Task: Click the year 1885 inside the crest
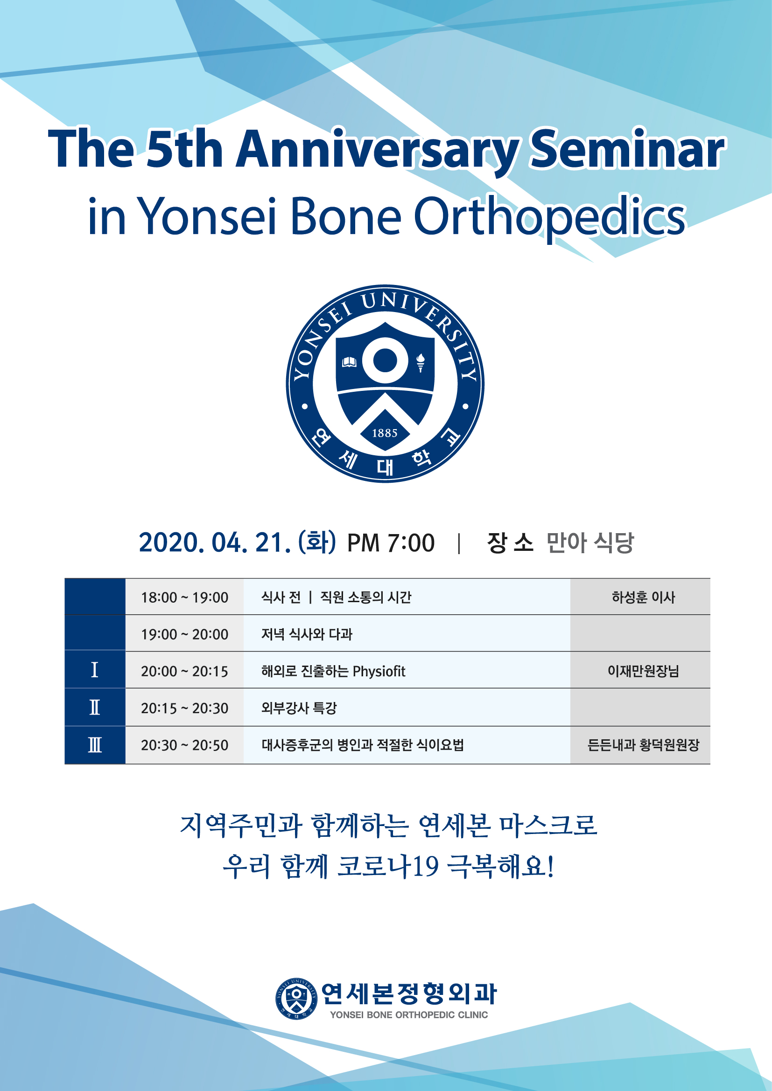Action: coord(385,433)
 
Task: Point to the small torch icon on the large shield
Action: coord(420,362)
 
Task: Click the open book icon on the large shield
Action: coord(350,362)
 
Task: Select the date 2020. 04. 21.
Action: coord(215,542)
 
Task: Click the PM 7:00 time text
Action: coord(391,543)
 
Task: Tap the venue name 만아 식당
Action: coord(590,542)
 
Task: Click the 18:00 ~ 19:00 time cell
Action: coord(184,598)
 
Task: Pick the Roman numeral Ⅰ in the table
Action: coord(95,669)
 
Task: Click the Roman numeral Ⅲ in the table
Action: coord(95,744)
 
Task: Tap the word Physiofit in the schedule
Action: coord(379,671)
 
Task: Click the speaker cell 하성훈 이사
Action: coord(643,598)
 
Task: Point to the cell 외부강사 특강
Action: coord(299,708)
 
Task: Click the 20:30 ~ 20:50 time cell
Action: coord(184,745)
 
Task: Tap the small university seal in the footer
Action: coord(297,999)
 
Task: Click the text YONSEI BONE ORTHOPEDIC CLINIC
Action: coord(409,1015)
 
